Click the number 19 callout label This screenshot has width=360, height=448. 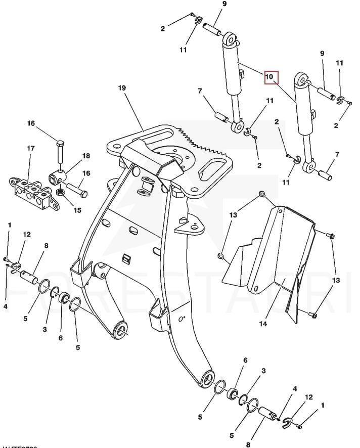122,88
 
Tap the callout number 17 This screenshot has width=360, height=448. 31,148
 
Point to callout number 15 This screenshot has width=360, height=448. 77,210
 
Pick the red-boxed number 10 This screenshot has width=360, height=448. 269,77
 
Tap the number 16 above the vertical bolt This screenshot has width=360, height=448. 31,123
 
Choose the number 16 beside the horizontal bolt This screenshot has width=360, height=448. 86,173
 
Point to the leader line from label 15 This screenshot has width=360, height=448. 70,201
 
